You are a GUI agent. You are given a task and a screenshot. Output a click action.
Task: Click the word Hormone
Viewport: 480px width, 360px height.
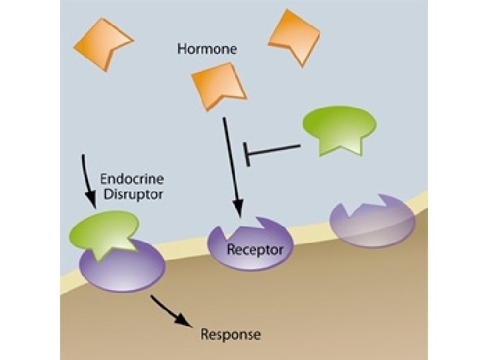click(207, 49)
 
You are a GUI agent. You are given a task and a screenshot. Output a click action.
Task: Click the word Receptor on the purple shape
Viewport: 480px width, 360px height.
click(255, 251)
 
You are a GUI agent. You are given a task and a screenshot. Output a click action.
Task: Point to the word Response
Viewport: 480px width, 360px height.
click(231, 333)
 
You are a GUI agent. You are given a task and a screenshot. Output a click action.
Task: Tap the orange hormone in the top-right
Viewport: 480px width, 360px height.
click(293, 36)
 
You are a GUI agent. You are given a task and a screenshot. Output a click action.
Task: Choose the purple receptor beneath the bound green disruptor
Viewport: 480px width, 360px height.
click(122, 265)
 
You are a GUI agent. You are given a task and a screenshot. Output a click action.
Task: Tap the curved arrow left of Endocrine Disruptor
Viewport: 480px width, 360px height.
click(88, 180)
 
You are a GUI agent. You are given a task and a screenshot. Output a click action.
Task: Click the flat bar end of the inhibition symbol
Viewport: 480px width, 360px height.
click(247, 154)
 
